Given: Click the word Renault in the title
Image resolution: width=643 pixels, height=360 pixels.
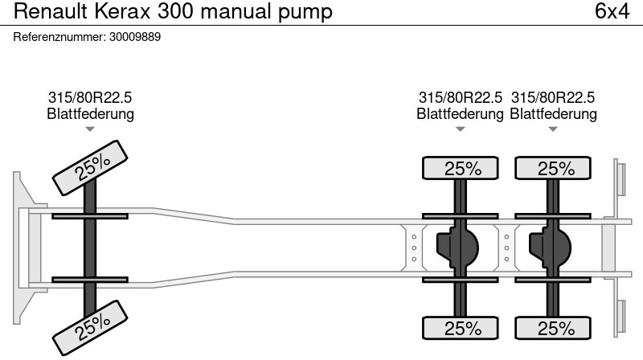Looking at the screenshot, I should [47, 12].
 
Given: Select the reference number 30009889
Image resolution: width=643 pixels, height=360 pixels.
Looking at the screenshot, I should [133, 37].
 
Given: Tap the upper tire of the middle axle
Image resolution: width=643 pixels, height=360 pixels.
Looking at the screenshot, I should [461, 169].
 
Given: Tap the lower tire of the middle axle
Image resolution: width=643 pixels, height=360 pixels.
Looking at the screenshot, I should [461, 329].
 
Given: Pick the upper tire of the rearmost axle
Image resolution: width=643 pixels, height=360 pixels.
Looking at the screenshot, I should [555, 169].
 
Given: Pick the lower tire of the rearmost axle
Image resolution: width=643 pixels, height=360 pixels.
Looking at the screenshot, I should [555, 329].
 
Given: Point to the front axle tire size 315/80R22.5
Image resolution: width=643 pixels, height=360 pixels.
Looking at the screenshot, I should [90, 97].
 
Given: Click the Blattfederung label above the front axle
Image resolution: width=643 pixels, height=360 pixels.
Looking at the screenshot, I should [90, 114].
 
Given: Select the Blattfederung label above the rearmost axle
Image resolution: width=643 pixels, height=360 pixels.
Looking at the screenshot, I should [553, 114].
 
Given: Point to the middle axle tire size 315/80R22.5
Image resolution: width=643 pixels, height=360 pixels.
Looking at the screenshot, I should [460, 97].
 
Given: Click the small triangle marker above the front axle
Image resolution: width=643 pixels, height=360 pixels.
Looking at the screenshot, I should [90, 129].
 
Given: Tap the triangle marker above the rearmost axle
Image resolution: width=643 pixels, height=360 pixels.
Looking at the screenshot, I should [553, 129].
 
